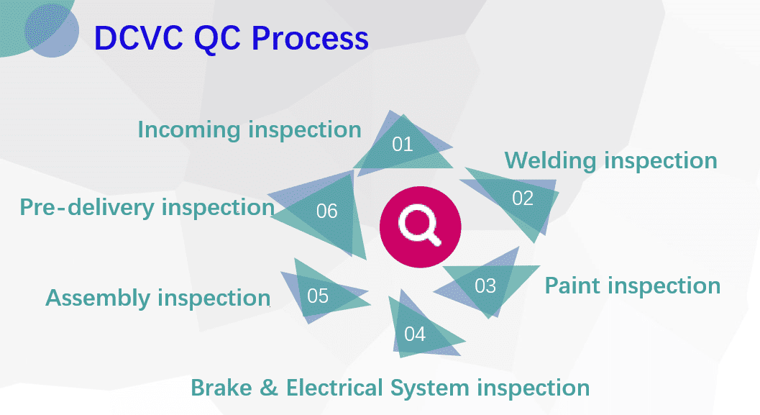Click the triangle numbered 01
click(403, 144)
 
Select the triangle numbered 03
click(485, 286)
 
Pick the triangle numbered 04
click(415, 333)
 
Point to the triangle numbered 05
click(318, 296)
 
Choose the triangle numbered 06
click(327, 211)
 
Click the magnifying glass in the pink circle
click(420, 224)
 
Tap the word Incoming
click(188, 129)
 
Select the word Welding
click(551, 160)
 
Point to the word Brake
click(219, 388)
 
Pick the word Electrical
click(335, 388)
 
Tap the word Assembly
click(98, 298)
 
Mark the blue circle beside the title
click(52, 31)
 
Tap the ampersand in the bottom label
click(267, 388)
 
